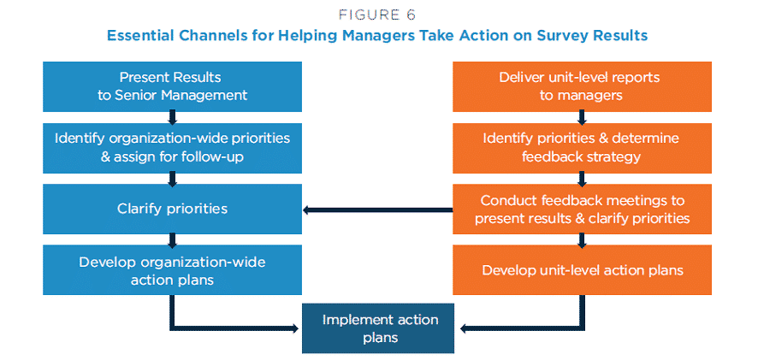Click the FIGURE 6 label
[377, 15]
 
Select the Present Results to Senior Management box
[173, 86]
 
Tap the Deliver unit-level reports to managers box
[582, 86]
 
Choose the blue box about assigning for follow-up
[173, 148]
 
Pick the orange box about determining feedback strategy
[582, 148]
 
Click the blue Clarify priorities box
[173, 209]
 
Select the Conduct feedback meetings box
[582, 209]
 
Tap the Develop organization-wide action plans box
[173, 269]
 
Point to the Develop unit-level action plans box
[582, 269]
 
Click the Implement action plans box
[378, 328]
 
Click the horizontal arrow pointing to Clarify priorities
[378, 210]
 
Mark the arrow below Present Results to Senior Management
[173, 117]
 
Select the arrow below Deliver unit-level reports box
[582, 117]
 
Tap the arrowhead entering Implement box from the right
[463, 328]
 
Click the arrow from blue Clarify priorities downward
[173, 239]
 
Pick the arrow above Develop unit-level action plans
[582, 239]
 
